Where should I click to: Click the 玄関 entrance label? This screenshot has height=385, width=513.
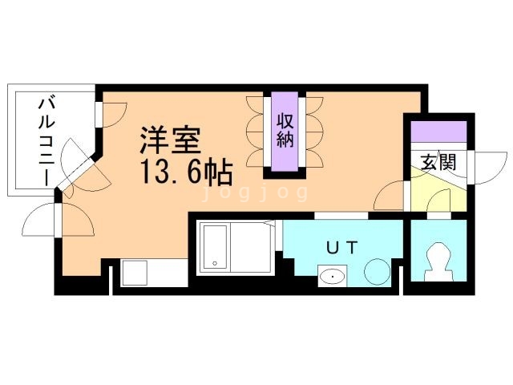tap(438, 161)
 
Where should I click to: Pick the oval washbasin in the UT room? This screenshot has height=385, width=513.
tap(331, 278)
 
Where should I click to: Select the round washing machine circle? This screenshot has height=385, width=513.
tap(376, 272)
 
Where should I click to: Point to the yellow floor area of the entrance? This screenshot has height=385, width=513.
tap(433, 192)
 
